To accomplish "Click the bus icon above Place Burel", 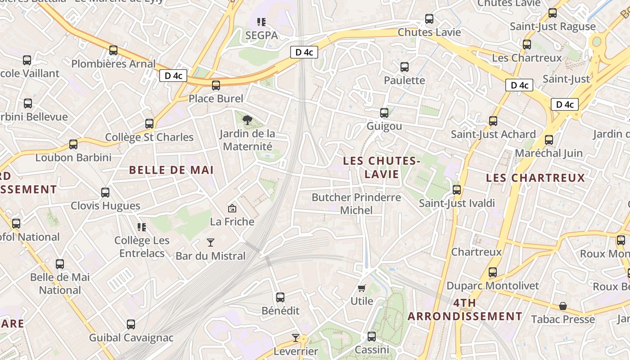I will pyautogui.click(x=216, y=85).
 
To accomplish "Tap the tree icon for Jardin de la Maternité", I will pyautogui.click(x=247, y=120).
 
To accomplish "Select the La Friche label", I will pyautogui.click(x=232, y=221).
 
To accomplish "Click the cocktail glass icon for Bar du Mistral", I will pyautogui.click(x=210, y=243).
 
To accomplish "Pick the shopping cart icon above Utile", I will pyautogui.click(x=362, y=288).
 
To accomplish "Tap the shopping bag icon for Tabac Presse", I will pyautogui.click(x=562, y=306).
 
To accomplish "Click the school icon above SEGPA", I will pyautogui.click(x=261, y=22).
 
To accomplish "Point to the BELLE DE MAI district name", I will pyautogui.click(x=171, y=170).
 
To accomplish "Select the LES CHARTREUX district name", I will pyautogui.click(x=535, y=178).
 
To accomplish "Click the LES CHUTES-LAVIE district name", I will pyautogui.click(x=382, y=167).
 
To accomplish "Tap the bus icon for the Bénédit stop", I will pyautogui.click(x=280, y=297).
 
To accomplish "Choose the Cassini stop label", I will pyautogui.click(x=372, y=350).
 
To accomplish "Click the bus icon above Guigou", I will pyautogui.click(x=384, y=112).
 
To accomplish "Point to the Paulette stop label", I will pyautogui.click(x=404, y=80).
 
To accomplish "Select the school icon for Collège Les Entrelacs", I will pyautogui.click(x=142, y=227).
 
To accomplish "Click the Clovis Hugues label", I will pyautogui.click(x=105, y=206).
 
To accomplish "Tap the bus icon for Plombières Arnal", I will pyautogui.click(x=113, y=50).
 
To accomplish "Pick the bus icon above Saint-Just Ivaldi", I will pyautogui.click(x=457, y=189).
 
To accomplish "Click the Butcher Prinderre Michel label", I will pyautogui.click(x=356, y=204).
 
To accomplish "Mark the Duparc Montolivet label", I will pyautogui.click(x=492, y=286).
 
